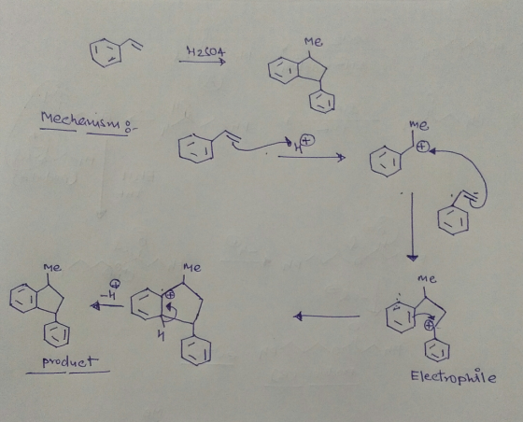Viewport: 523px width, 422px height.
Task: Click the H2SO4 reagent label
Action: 205,52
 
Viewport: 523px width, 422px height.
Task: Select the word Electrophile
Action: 453,376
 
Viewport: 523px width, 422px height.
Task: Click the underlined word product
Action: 70,361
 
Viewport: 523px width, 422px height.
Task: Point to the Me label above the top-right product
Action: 313,42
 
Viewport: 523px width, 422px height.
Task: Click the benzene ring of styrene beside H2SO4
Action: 106,52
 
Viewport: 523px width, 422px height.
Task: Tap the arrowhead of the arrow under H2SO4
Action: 222,62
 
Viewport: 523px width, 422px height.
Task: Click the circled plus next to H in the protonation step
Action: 307,141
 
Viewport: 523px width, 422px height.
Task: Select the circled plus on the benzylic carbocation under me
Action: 423,147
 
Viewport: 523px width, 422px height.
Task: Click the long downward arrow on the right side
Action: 412,227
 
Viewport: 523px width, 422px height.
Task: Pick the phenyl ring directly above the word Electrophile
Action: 437,351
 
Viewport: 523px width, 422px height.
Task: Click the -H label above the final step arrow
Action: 111,292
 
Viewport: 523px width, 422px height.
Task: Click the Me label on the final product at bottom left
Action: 52,268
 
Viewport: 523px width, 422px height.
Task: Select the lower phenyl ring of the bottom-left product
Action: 57,334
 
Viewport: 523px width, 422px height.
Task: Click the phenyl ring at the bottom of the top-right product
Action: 321,102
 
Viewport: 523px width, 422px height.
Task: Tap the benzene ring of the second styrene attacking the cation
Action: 453,220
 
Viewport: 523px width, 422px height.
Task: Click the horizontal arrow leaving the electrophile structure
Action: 327,316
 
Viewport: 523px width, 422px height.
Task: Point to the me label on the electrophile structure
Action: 427,278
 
